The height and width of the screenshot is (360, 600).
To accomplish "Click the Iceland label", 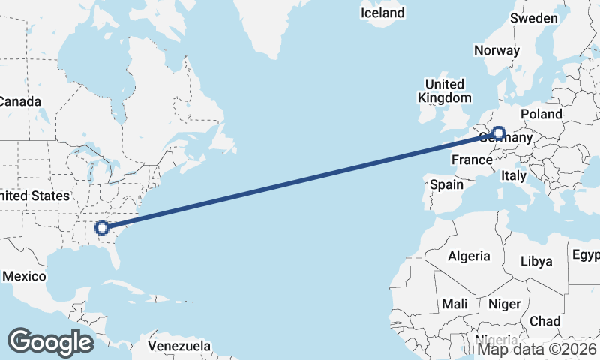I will coord(382,13).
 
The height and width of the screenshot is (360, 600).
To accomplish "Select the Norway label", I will coord(496,51).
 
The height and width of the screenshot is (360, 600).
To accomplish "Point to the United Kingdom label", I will coord(445,91).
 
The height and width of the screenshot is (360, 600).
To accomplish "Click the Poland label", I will coord(541,114).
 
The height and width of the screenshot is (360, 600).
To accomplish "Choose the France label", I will coord(472,160).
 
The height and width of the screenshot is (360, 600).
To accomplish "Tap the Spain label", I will coord(447,184).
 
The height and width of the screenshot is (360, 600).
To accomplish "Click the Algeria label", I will coord(469,256).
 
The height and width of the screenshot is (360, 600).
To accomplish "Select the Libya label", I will coord(535,262).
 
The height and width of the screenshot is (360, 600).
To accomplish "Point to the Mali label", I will coord(454,304).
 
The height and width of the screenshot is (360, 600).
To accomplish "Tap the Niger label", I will coord(504,304).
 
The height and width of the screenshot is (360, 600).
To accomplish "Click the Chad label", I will coord(544,321).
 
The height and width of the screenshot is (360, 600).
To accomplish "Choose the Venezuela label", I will coord(178,346).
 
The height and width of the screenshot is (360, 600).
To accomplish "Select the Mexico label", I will coord(24,276).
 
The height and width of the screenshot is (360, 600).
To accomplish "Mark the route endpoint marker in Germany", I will coord(497,133).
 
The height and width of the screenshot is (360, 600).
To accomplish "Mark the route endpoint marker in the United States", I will coord(102,226).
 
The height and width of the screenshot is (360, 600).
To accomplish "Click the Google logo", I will coord(50,341).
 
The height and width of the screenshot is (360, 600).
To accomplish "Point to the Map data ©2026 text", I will coord(538,348).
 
